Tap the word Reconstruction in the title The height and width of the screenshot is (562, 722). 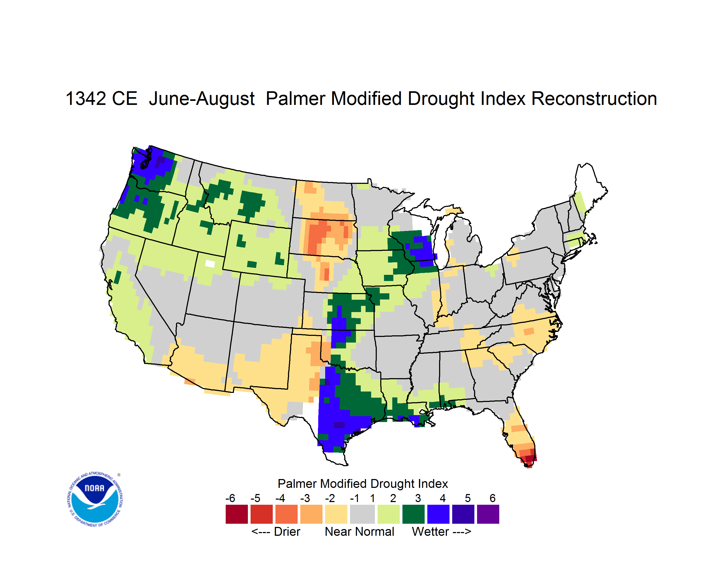coord(594,98)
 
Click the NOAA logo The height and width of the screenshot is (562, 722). coord(95,499)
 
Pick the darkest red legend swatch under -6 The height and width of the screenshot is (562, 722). coord(237,514)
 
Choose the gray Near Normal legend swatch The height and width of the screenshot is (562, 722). coord(362,514)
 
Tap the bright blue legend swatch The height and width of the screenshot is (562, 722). coord(438,514)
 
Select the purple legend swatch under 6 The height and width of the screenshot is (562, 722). coord(488,514)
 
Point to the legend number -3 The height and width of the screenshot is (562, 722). coord(305,498)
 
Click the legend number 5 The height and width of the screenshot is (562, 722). coord(468,498)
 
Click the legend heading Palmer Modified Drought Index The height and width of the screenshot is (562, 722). coord(363,484)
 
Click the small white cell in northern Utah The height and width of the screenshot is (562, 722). coord(210,264)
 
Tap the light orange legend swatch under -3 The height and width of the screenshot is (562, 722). coord(311,514)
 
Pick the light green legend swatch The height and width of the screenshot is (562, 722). coord(389,514)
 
